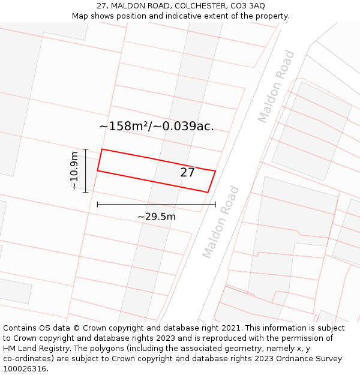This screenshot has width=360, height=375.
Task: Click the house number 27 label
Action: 188,173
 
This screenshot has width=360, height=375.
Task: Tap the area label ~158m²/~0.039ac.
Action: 157,126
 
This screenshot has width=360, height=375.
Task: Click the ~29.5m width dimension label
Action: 157,217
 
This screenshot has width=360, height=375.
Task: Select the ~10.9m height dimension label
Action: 74,170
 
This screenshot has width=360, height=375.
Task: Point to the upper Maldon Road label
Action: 277,86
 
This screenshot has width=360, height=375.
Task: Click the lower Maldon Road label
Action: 221,222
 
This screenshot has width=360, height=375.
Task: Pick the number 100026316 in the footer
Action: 25,369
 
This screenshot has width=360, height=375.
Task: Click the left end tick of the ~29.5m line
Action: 97,205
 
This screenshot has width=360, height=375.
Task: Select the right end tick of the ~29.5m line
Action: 215,205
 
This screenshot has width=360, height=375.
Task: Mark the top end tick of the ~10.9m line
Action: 85,149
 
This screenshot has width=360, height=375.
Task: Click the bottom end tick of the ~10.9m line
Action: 85,192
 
